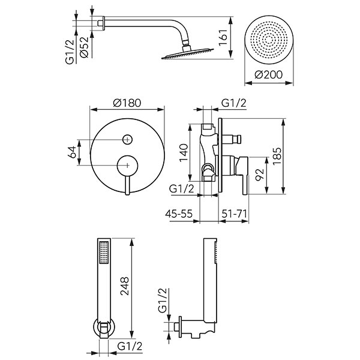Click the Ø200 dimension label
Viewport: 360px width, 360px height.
pyautogui.click(x=268, y=76)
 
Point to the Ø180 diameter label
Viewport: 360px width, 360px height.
pyautogui.click(x=127, y=103)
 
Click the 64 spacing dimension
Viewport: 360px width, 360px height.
pyautogui.click(x=72, y=150)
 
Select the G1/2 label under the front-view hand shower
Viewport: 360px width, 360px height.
pyautogui.click(x=130, y=346)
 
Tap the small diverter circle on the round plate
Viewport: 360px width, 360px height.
pyautogui.click(x=127, y=140)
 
